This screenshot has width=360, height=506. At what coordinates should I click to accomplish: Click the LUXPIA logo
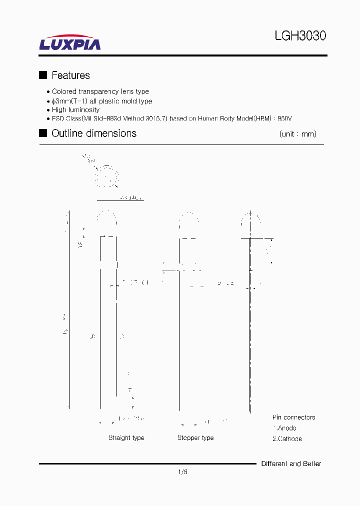(x=70, y=43)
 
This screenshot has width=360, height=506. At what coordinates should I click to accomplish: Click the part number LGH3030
(x=300, y=36)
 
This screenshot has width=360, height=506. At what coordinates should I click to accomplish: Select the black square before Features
(x=43, y=75)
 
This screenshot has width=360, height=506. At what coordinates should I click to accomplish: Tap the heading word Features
(x=70, y=75)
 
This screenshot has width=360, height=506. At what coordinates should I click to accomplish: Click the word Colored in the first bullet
(x=64, y=91)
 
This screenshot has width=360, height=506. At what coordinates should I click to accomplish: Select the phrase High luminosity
(x=75, y=109)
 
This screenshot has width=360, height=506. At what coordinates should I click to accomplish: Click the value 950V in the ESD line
(x=284, y=118)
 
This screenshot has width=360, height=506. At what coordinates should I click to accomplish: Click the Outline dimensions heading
(x=94, y=133)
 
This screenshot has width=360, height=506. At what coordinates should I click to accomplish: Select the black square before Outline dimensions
(x=43, y=133)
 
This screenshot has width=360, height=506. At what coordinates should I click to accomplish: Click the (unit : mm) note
(x=297, y=134)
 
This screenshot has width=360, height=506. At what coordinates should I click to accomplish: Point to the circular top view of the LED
(x=106, y=176)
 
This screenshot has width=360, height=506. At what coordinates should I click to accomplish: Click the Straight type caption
(x=126, y=438)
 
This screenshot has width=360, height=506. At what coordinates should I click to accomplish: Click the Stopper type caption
(x=195, y=438)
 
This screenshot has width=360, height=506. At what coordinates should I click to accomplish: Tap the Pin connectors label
(x=293, y=417)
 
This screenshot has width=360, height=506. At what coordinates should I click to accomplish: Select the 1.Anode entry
(x=284, y=428)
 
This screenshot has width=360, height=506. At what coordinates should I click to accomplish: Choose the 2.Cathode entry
(x=287, y=438)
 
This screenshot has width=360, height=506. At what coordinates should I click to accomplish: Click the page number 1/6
(x=182, y=471)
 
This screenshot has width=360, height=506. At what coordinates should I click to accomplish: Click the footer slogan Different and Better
(x=291, y=464)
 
